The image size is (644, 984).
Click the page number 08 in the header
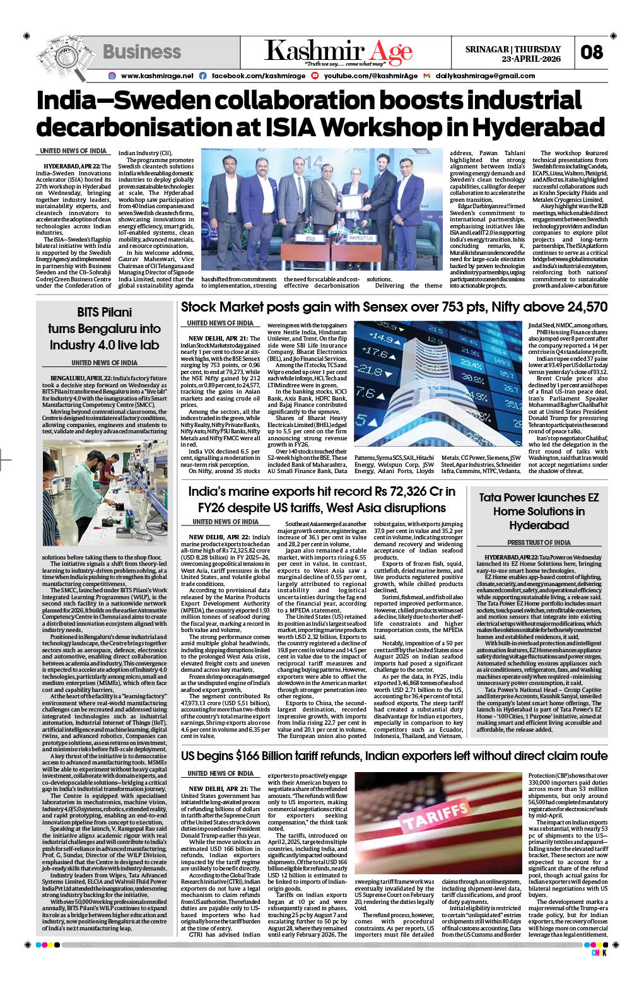point(591,52)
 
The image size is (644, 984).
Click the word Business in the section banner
point(142,52)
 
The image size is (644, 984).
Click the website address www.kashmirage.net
point(157,76)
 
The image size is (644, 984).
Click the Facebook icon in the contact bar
point(202,76)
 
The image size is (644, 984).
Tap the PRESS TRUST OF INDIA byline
point(539,542)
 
